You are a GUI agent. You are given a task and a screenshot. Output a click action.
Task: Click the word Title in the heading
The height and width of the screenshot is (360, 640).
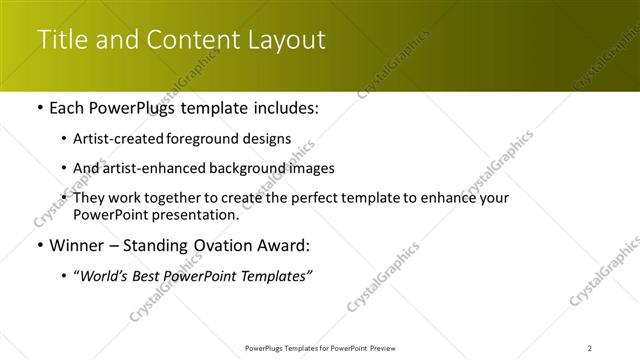pyautogui.click(x=59, y=40)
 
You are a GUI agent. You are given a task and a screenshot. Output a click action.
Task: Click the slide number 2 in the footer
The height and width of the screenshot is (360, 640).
pyautogui.click(x=590, y=347)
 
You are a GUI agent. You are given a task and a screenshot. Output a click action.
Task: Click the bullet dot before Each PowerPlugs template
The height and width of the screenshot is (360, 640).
pyautogui.click(x=39, y=108)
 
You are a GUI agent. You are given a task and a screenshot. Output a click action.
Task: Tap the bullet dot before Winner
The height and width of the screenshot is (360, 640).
pyautogui.click(x=39, y=245)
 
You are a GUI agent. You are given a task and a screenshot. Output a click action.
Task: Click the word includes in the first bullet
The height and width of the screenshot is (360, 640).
pyautogui.click(x=288, y=108)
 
